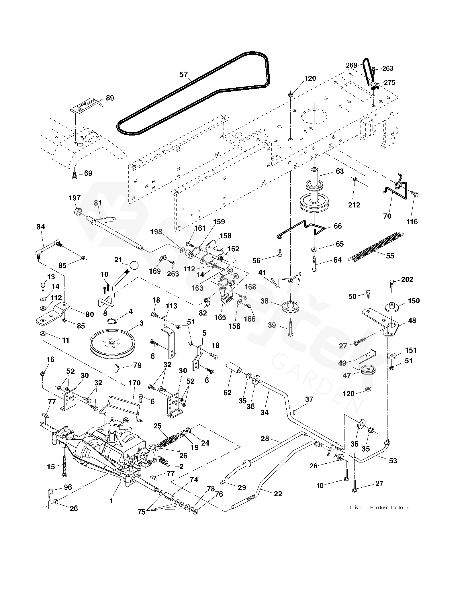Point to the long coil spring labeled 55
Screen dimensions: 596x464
tap(376, 247)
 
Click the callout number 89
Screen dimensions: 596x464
tap(110, 98)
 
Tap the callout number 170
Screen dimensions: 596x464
tap(134, 383)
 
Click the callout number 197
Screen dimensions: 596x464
tap(75, 198)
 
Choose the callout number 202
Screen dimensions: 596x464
tap(407, 279)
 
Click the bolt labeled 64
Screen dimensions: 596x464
tap(315, 264)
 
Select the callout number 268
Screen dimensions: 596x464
tap(352, 65)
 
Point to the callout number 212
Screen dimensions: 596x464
tap(354, 205)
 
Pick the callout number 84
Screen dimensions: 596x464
tap(41, 227)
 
